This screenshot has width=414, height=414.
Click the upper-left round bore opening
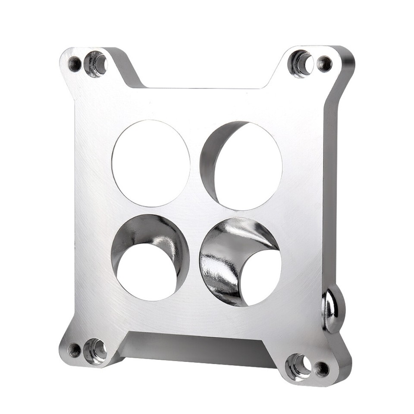(x=151, y=163)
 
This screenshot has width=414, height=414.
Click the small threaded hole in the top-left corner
(x=75, y=64)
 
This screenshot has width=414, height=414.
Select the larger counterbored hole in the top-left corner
(x=96, y=64)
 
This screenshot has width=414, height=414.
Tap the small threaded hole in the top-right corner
(x=324, y=64)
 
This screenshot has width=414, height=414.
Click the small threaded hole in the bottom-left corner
(x=74, y=349)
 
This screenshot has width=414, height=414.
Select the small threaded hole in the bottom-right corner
(x=321, y=368)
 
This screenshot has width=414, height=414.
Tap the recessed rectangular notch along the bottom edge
(x=194, y=345)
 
